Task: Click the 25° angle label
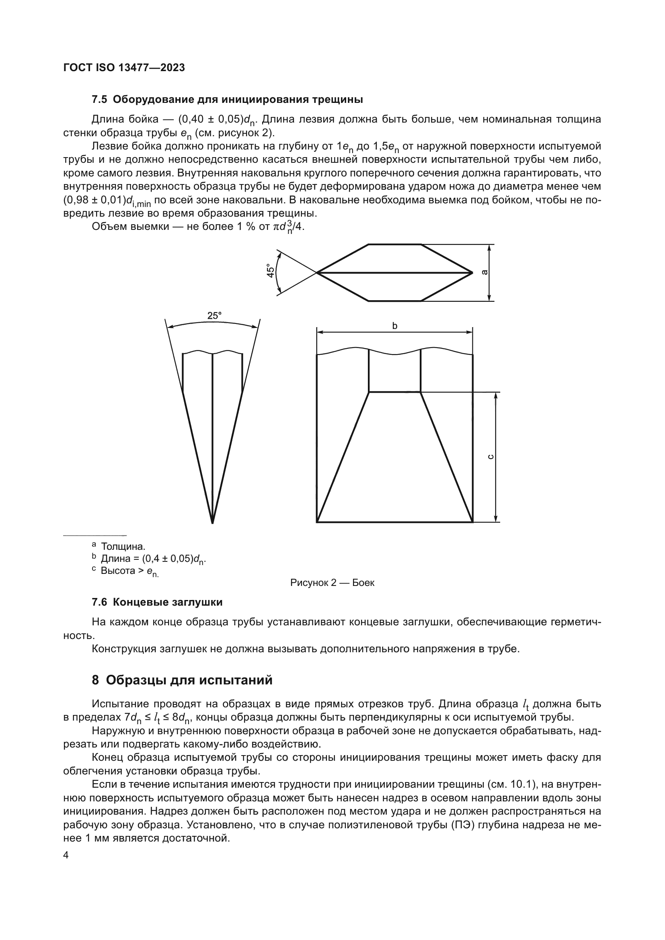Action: click(x=214, y=315)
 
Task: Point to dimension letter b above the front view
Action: click(x=395, y=326)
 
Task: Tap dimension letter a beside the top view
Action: click(x=484, y=272)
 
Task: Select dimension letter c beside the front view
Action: click(x=491, y=457)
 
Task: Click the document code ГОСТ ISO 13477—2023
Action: click(x=124, y=68)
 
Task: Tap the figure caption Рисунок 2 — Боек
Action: click(x=332, y=583)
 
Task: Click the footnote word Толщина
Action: click(x=123, y=547)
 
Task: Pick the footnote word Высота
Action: click(x=117, y=570)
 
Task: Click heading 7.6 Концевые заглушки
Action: click(x=157, y=602)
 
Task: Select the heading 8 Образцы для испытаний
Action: click(x=182, y=680)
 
